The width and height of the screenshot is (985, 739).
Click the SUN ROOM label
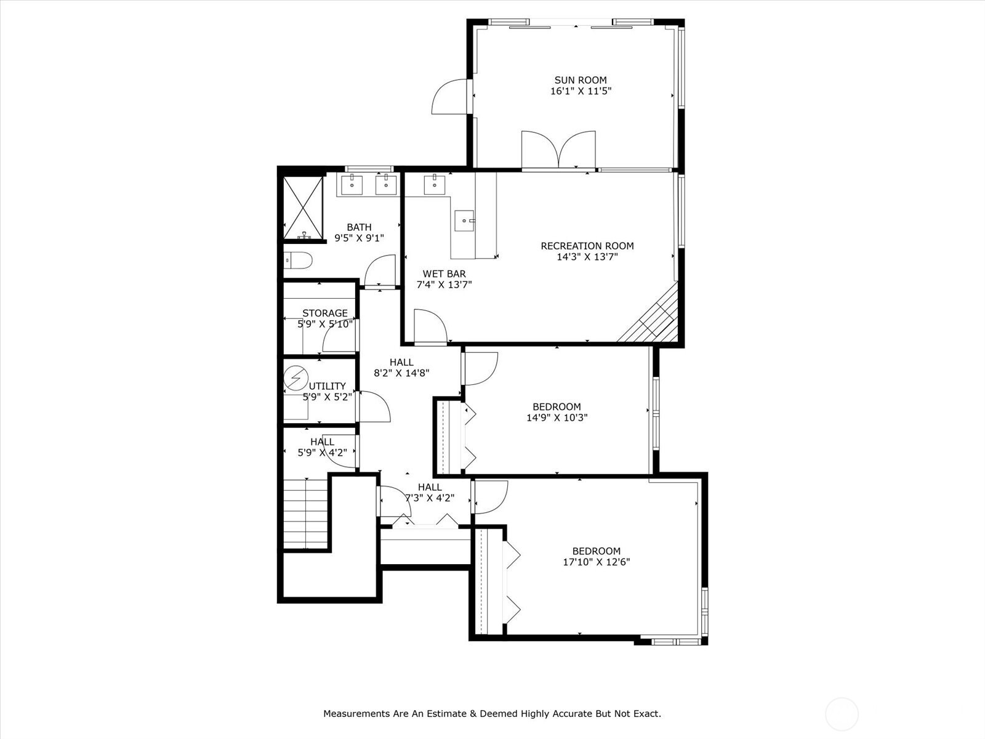click(580, 80)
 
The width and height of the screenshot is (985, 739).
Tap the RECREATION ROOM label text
click(587, 246)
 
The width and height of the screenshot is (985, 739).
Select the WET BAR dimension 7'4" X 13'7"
click(444, 285)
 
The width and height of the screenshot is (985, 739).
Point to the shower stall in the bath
click(303, 208)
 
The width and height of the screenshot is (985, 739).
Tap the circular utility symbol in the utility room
click(296, 378)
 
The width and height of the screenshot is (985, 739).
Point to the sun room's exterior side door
click(451, 97)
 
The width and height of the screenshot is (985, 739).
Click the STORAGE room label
click(324, 313)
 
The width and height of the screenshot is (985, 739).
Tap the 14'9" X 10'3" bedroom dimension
click(557, 418)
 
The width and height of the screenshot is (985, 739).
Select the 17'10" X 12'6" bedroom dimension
click(596, 562)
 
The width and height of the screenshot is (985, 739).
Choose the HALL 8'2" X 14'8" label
click(401, 368)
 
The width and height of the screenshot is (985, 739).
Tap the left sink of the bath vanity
click(352, 184)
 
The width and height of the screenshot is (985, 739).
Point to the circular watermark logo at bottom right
click(841, 714)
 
